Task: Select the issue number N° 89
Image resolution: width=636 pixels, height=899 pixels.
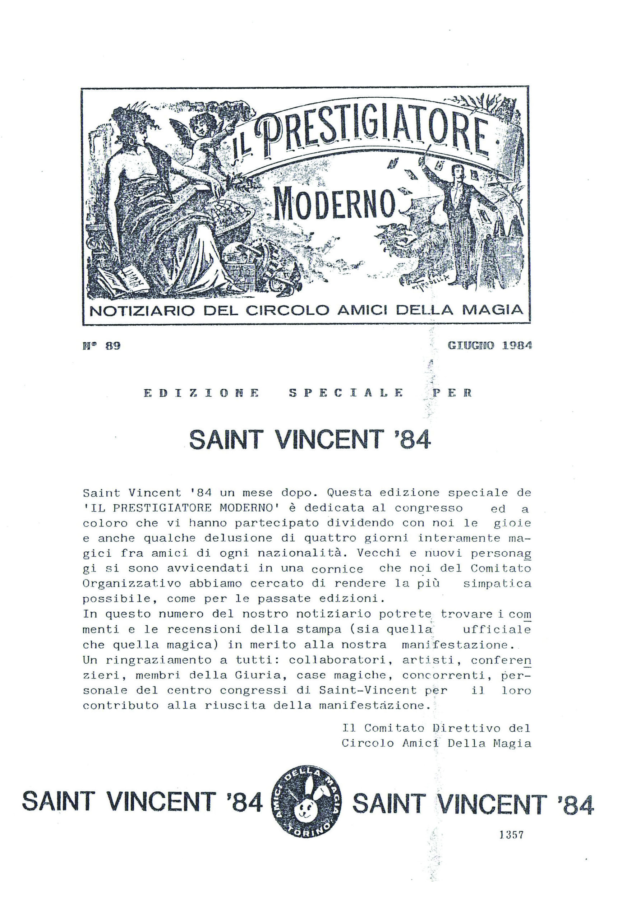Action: coord(101,346)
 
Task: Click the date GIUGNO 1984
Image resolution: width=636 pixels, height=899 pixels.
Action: coord(489,346)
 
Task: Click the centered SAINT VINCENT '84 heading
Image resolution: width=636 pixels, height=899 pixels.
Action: coord(310,440)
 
